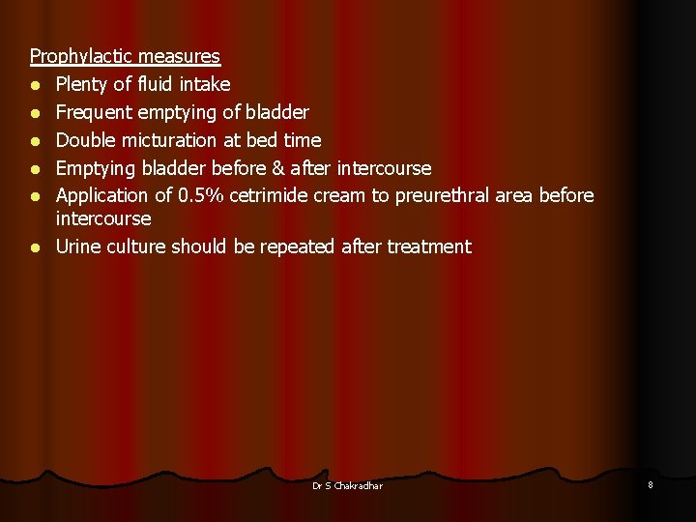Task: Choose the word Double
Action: [x=86, y=140]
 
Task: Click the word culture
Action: [x=137, y=246]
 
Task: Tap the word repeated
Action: [x=297, y=246]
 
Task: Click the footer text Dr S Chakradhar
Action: [x=347, y=486]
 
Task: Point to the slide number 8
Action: [x=650, y=485]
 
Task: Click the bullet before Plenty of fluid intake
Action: [x=35, y=86]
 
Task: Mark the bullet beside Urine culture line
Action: [x=35, y=247]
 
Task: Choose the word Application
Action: [x=102, y=196]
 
